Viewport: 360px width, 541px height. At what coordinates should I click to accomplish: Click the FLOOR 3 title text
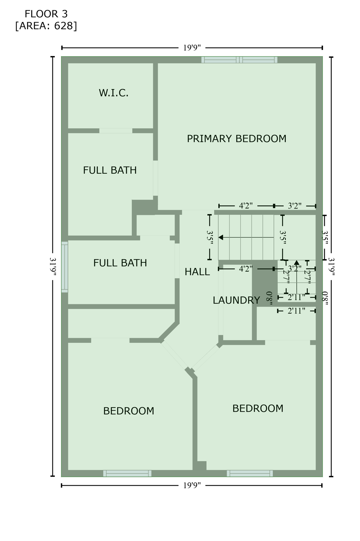tap(46, 14)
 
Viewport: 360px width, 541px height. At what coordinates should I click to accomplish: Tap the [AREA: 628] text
tap(46, 26)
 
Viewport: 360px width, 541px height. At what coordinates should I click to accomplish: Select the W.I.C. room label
tap(113, 93)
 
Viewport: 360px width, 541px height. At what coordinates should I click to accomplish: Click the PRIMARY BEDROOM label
tap(236, 139)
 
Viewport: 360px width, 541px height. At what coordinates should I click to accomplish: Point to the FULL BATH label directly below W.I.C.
tap(110, 170)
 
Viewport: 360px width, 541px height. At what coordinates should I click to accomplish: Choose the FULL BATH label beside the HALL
tap(120, 263)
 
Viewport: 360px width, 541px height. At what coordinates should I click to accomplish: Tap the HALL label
tap(197, 272)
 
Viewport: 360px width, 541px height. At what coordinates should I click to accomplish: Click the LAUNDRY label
tap(236, 300)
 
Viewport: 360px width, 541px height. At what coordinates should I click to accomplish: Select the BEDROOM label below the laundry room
tap(258, 408)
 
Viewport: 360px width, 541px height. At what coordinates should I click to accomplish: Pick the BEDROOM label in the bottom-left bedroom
tap(128, 411)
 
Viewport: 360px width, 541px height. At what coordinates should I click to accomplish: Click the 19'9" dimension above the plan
tap(192, 48)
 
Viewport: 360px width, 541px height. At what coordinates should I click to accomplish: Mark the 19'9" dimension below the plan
tap(192, 486)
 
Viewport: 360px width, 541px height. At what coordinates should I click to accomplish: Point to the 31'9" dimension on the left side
tap(53, 267)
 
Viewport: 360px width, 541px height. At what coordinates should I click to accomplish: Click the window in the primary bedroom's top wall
tap(239, 60)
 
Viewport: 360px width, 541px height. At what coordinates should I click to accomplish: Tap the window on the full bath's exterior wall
tap(65, 267)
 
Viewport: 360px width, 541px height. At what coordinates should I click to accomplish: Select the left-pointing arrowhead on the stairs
tap(221, 237)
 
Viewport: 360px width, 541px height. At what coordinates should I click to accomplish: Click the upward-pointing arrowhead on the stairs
tap(297, 262)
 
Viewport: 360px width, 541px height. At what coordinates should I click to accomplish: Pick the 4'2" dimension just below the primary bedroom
tap(246, 206)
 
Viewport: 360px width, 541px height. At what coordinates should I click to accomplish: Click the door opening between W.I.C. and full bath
tap(116, 131)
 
